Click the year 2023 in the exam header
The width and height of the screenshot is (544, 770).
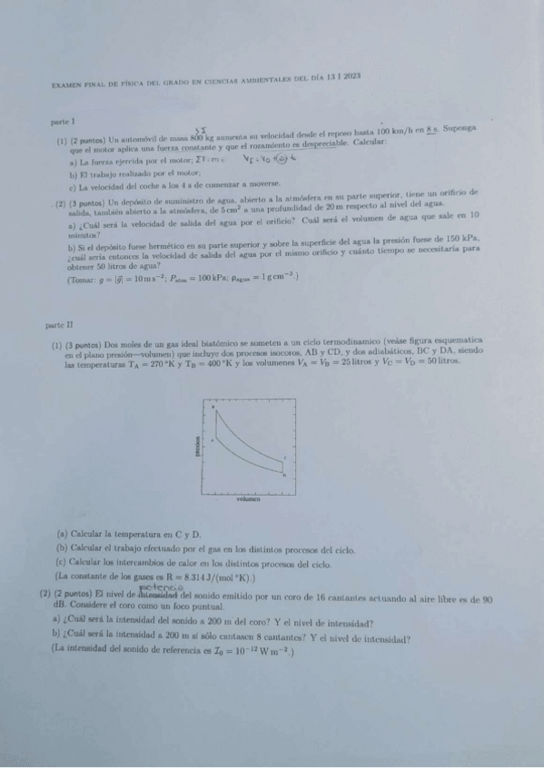[x=354, y=77]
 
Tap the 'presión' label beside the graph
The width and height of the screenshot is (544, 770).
[x=196, y=447]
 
